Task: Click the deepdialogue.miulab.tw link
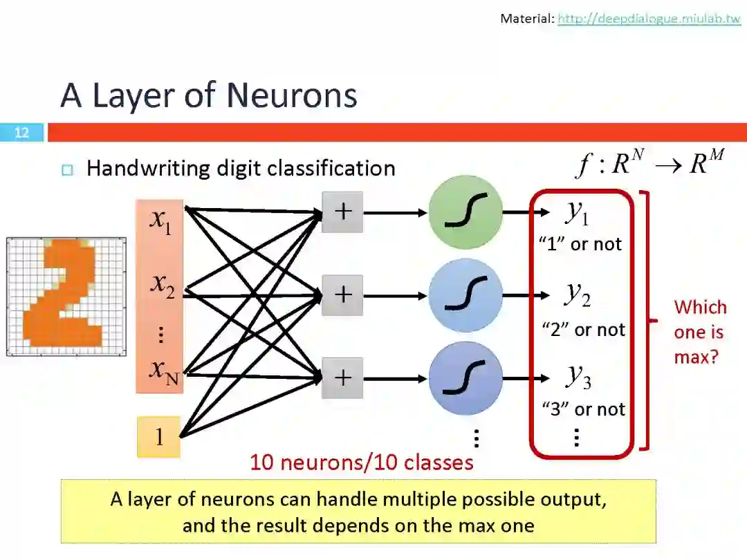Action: pyautogui.click(x=649, y=19)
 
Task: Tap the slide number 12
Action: pyautogui.click(x=21, y=132)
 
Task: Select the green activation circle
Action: pyautogui.click(x=465, y=212)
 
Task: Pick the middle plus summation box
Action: pyautogui.click(x=342, y=295)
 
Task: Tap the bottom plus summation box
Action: pyautogui.click(x=342, y=377)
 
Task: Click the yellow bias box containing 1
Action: pyautogui.click(x=158, y=437)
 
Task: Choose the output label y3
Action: pyautogui.click(x=578, y=375)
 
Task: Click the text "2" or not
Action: pyautogui.click(x=583, y=330)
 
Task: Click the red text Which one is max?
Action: pyautogui.click(x=699, y=332)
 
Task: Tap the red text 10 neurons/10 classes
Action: pyautogui.click(x=362, y=462)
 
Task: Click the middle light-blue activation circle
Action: pyautogui.click(x=465, y=295)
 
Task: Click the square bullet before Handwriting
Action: pyautogui.click(x=67, y=170)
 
